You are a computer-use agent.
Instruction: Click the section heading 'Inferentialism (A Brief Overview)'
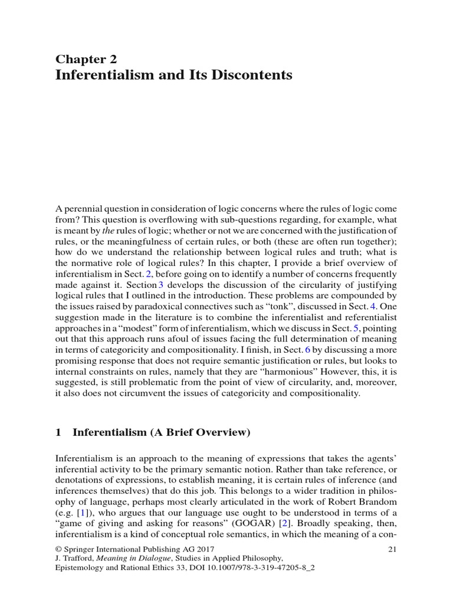point(161,432)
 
